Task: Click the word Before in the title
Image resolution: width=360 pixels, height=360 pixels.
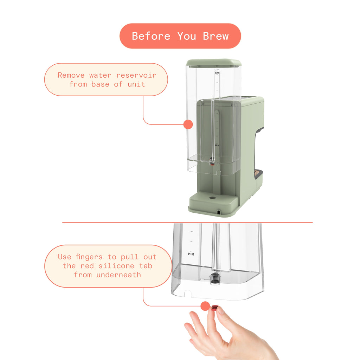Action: click(x=151, y=36)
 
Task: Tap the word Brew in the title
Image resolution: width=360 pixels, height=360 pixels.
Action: click(x=216, y=36)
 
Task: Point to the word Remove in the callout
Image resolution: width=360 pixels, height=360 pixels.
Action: click(x=71, y=75)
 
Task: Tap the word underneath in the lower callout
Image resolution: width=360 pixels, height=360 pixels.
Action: click(x=118, y=275)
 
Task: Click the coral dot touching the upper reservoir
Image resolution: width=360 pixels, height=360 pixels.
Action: click(x=188, y=124)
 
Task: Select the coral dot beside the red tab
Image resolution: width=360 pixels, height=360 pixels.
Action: click(x=205, y=306)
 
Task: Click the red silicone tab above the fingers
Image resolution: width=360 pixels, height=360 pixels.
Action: click(x=214, y=308)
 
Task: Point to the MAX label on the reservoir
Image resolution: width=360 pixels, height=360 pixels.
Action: click(x=217, y=73)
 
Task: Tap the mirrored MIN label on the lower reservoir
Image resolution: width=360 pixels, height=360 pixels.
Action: click(x=191, y=254)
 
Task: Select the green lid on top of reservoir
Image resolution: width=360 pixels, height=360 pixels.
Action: click(x=214, y=63)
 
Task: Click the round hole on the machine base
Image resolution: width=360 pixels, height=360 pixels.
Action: click(x=212, y=198)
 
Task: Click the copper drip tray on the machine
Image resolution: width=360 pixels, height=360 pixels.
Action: click(x=258, y=173)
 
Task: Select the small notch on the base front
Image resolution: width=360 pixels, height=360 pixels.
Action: click(x=219, y=212)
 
